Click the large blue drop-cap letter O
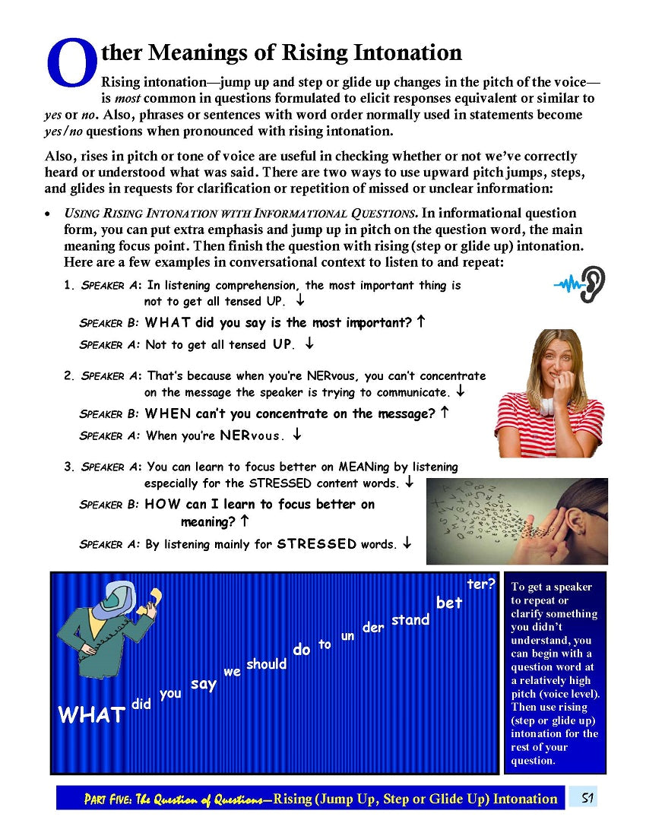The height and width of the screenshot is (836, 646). click(70, 62)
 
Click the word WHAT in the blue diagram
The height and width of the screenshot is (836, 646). click(91, 715)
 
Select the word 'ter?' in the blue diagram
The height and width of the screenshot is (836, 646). click(480, 584)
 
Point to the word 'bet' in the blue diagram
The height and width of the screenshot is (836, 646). click(448, 603)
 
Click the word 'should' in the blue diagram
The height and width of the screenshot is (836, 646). click(266, 664)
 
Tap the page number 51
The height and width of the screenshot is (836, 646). click(587, 798)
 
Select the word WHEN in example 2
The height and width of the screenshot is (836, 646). click(167, 414)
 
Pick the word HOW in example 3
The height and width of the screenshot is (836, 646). click(161, 504)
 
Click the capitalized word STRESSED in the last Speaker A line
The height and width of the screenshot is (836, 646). click(316, 543)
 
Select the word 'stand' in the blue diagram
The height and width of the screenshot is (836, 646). click(410, 620)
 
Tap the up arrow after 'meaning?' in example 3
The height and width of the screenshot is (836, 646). click(244, 521)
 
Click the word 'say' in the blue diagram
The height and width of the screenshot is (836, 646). click(203, 685)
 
